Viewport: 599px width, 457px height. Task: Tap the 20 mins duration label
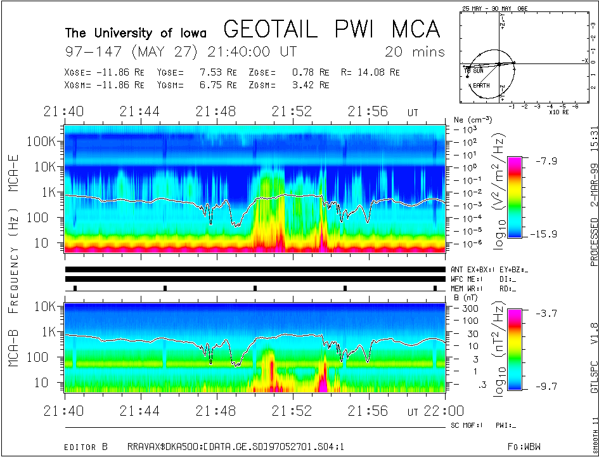click(x=415, y=51)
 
